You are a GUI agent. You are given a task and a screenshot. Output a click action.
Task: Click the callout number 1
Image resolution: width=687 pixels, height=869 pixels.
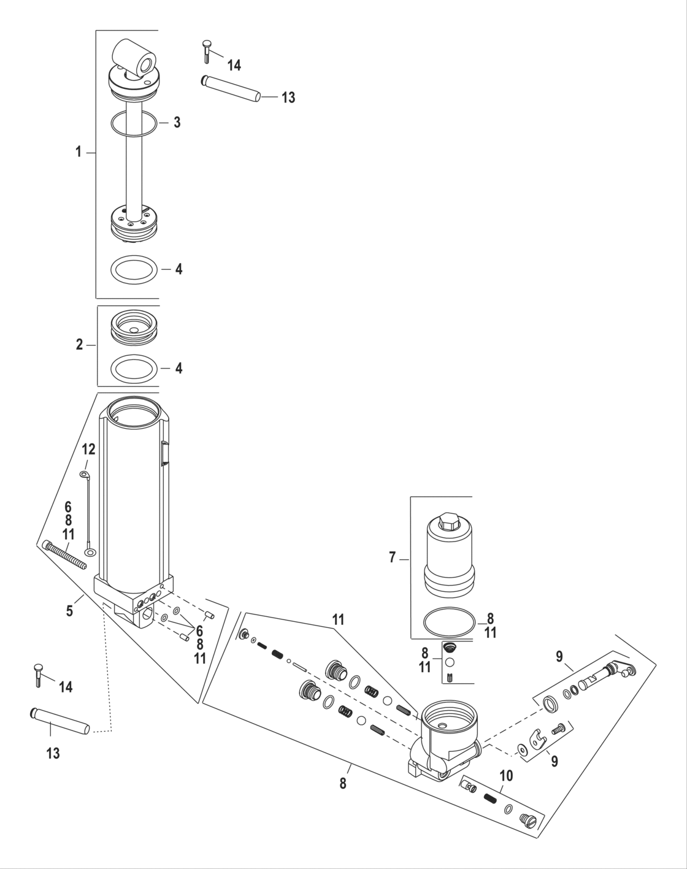[x=79, y=152]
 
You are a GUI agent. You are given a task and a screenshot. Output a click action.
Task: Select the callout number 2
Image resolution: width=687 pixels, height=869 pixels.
[x=79, y=345]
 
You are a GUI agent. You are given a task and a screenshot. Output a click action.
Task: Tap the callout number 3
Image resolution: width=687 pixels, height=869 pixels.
[x=177, y=122]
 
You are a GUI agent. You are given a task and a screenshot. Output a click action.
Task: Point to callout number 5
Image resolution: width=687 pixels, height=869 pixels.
[x=70, y=610]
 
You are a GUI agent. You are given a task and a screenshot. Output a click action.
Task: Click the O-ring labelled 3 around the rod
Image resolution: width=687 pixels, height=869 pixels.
[x=133, y=123]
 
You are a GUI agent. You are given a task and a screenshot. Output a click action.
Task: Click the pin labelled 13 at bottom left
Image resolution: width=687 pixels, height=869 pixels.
[x=60, y=721]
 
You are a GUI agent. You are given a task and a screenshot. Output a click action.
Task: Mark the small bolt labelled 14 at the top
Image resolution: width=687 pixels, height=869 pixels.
[x=207, y=50]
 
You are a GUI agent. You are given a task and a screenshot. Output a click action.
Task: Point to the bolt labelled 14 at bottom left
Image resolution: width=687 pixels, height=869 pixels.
[x=37, y=673]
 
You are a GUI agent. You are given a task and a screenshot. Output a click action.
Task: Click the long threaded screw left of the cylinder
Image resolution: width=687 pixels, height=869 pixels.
[x=65, y=556]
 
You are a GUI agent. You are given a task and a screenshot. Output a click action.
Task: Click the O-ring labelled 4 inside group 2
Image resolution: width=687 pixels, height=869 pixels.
[x=133, y=370]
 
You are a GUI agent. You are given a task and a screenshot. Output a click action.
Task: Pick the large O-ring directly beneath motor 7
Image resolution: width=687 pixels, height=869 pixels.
[x=448, y=623]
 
